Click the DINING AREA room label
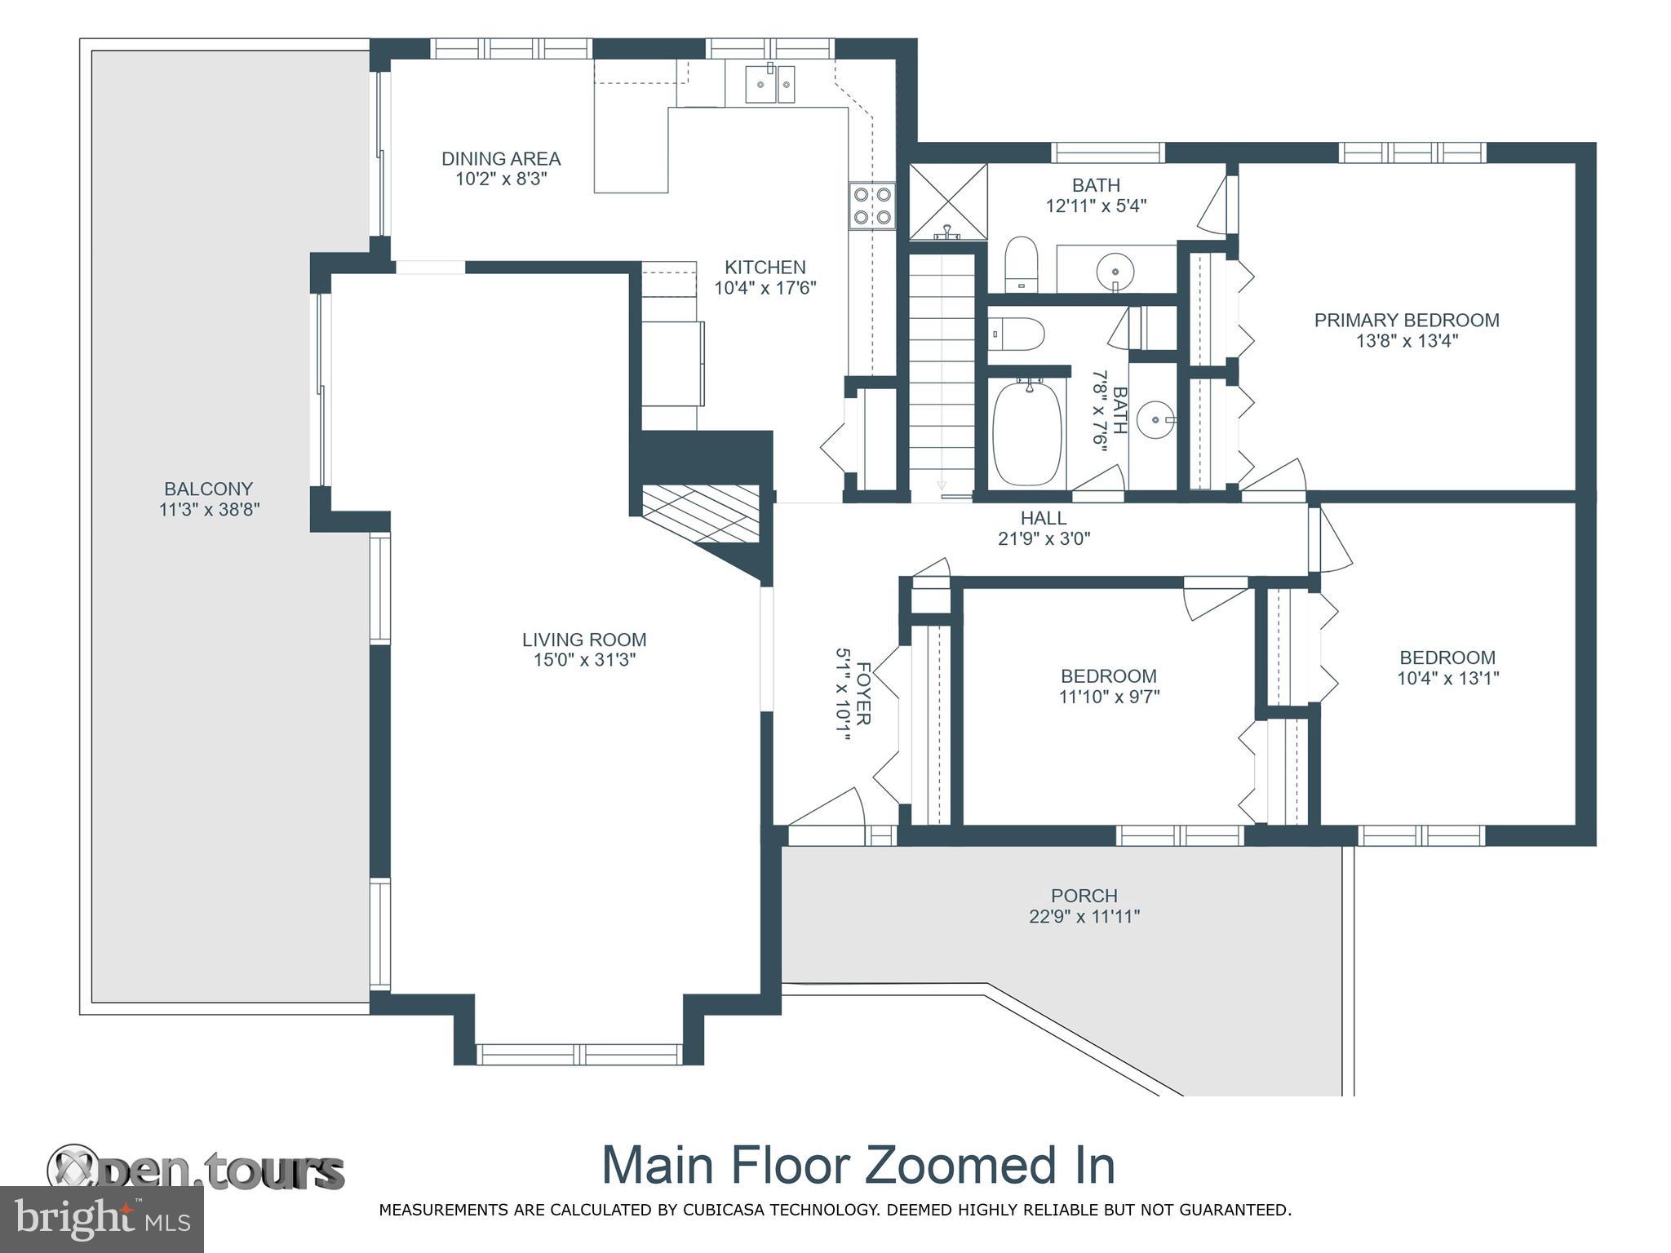click(x=501, y=158)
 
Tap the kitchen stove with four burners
click(x=871, y=206)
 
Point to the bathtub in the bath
click(x=1028, y=432)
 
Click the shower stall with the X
click(x=948, y=202)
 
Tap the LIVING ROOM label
click(x=584, y=640)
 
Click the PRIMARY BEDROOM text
click(x=1407, y=321)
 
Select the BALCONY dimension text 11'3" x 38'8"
click(x=209, y=510)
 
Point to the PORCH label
click(x=1084, y=896)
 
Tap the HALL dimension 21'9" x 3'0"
click(x=1044, y=538)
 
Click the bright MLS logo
click(x=102, y=1219)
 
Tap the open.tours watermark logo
click(x=196, y=1171)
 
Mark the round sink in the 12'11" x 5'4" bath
click(x=1115, y=268)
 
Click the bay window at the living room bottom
click(x=579, y=1054)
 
